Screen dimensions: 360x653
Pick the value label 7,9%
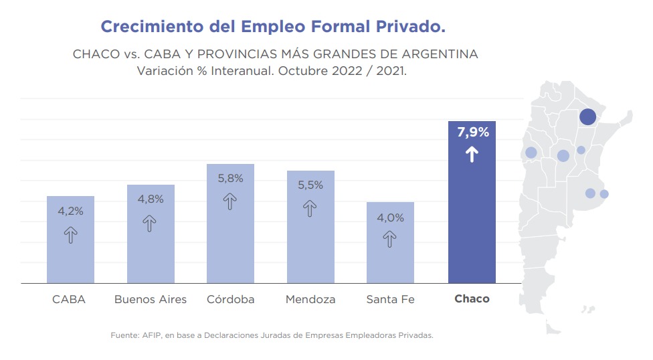coord(472,132)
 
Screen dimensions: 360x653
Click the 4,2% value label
coord(70,211)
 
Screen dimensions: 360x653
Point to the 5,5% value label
coord(310,185)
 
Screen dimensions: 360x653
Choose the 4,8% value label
coord(150,199)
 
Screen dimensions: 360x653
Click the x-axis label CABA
coord(69,299)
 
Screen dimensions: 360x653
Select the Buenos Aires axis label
coord(151,299)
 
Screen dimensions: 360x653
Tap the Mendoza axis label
coord(310,299)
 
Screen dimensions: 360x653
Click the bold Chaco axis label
coord(472,299)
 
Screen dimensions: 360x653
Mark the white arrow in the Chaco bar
coord(472,155)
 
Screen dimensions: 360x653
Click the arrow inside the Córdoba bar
coord(230,201)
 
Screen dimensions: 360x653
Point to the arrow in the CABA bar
coord(70,234)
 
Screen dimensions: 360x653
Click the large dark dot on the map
coord(587,116)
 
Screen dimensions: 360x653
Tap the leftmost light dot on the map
coord(531,153)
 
